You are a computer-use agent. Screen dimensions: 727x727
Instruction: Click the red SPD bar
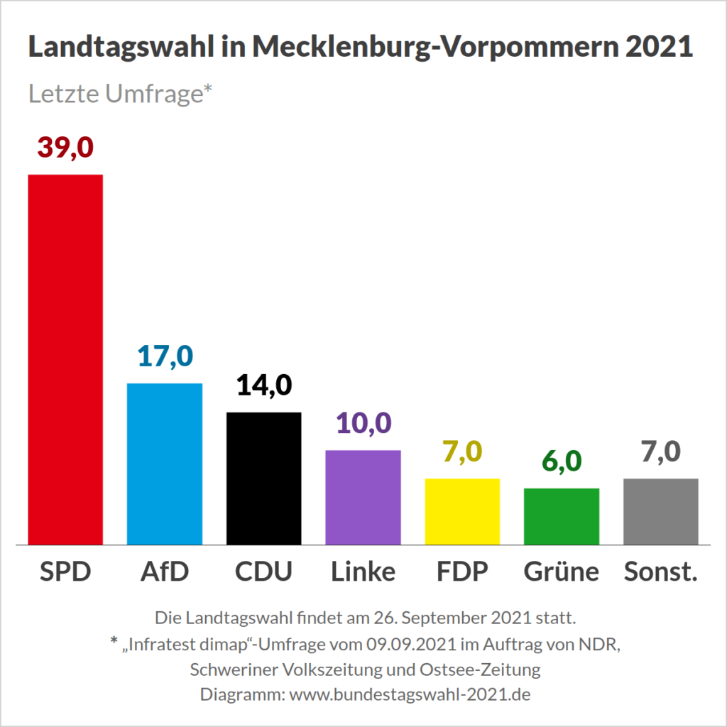click(65, 359)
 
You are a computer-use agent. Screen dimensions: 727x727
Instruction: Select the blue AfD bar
click(164, 464)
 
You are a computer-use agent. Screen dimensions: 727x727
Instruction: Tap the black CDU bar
click(263, 478)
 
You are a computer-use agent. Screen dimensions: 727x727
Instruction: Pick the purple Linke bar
click(363, 497)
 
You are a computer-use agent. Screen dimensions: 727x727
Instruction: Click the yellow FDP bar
click(462, 511)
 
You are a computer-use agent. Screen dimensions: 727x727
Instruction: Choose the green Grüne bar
click(562, 516)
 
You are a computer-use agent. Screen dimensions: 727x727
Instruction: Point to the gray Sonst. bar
click(661, 511)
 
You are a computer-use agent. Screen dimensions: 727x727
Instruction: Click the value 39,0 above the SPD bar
click(65, 148)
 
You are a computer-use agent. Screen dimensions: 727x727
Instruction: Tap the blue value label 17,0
click(164, 356)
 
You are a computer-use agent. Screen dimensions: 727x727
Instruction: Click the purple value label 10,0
click(363, 423)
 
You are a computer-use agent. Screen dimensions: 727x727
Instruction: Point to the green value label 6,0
click(562, 461)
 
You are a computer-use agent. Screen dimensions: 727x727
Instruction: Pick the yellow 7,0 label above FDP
click(462, 452)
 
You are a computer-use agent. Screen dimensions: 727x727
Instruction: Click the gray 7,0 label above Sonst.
click(661, 452)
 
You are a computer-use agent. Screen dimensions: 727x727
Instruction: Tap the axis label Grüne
click(562, 571)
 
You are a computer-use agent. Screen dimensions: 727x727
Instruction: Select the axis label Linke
click(363, 571)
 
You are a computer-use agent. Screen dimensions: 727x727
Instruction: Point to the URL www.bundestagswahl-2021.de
click(410, 694)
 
